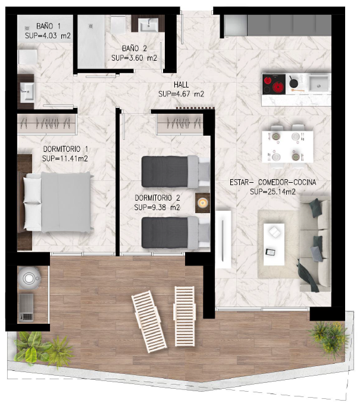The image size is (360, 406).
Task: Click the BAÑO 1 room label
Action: [x=48, y=26]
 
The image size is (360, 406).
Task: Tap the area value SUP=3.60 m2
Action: [x=134, y=58]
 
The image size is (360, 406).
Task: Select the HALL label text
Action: [x=181, y=85]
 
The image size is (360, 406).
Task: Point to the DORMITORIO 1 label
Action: [x=65, y=149]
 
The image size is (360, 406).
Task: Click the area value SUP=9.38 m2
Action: [x=157, y=207]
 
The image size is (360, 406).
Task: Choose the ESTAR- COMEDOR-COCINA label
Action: [x=273, y=182]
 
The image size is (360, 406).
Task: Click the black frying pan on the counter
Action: [x=293, y=82]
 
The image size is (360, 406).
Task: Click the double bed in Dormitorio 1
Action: [x=58, y=202]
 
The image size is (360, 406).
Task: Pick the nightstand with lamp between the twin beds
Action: [x=202, y=203]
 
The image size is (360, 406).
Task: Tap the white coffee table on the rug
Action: [x=274, y=245]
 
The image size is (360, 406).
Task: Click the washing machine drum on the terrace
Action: [x=29, y=279]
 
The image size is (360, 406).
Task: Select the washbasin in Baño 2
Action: [x=149, y=24]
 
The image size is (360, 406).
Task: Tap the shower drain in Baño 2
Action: [x=90, y=26]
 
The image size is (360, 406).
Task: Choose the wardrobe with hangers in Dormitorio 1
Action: [x=47, y=124]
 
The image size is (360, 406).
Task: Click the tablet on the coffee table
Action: [x=271, y=252]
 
